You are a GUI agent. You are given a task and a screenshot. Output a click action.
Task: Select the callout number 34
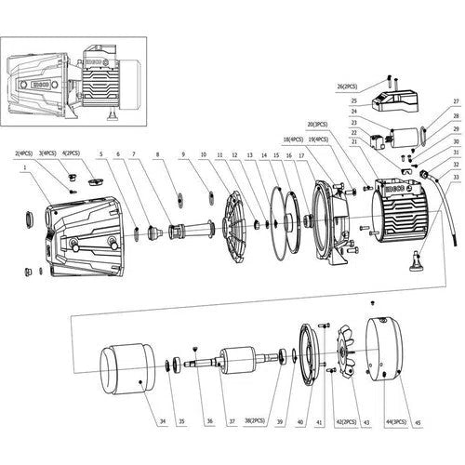tap(162, 422)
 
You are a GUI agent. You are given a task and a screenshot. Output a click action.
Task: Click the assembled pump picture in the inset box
tap(74, 84)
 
